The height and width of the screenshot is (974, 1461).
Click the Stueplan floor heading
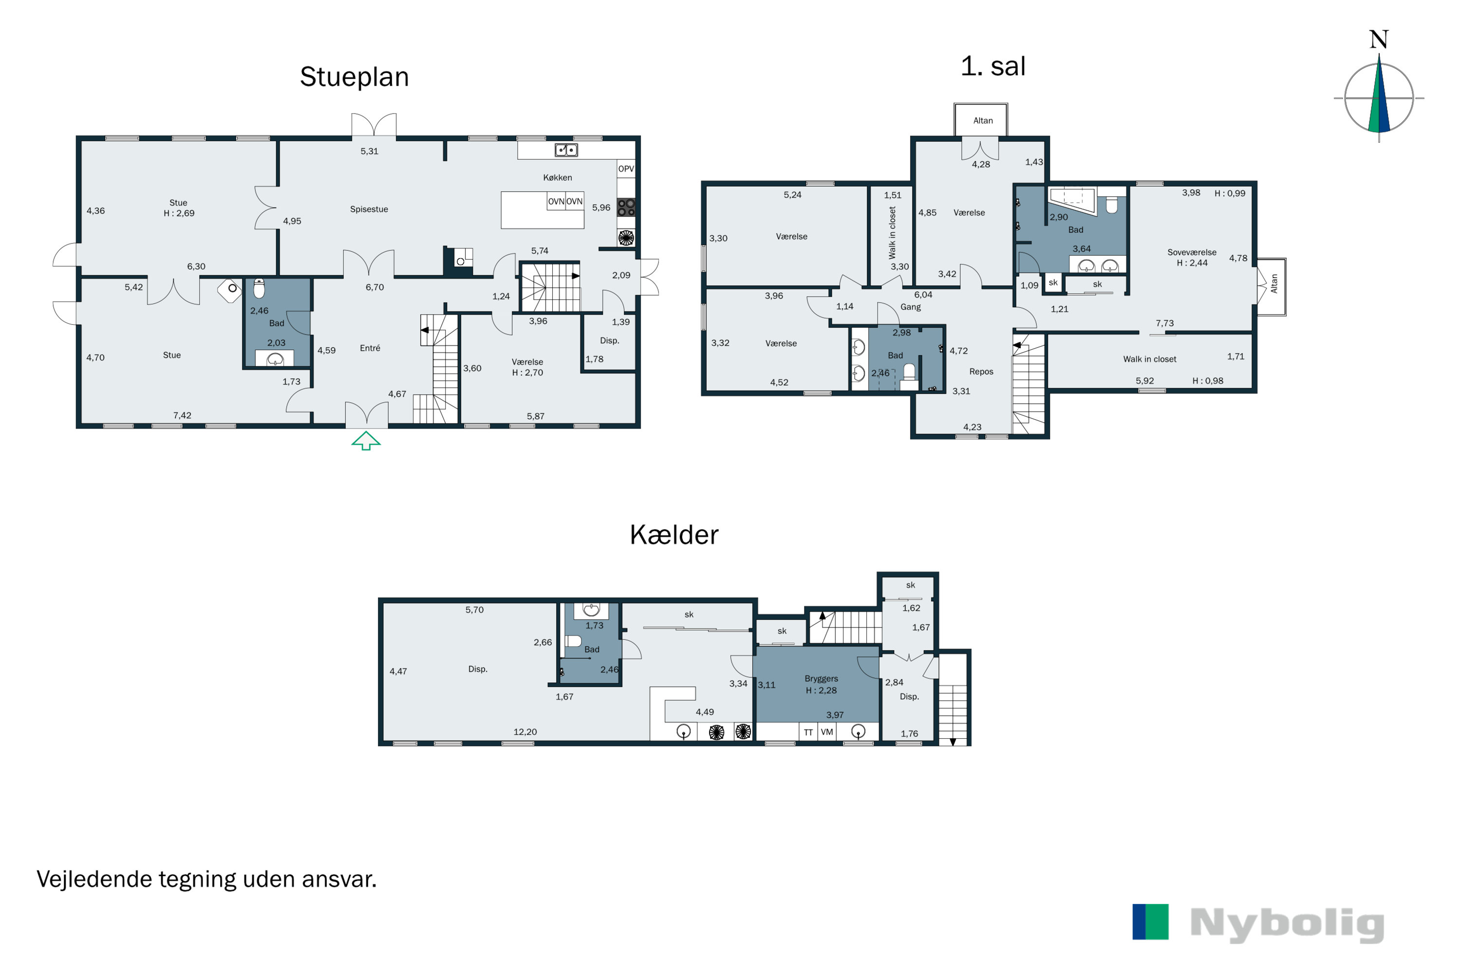point(354,77)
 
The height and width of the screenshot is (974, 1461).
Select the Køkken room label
point(557,178)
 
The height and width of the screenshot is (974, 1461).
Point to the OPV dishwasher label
point(626,169)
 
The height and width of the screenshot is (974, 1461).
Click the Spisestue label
point(369,209)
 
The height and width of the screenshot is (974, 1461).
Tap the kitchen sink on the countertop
point(566,150)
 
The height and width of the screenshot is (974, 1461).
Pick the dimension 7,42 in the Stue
point(182,415)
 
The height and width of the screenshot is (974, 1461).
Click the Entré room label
point(370,348)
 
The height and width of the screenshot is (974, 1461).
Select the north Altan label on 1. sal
point(983,120)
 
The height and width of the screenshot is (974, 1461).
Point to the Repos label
point(981,372)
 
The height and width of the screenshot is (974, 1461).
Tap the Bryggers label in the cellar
point(821,679)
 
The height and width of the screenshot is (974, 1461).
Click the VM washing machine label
point(827,732)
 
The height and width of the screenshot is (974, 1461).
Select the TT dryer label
point(808,732)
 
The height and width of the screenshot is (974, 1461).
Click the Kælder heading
point(674,535)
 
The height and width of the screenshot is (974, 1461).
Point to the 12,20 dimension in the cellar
point(525,732)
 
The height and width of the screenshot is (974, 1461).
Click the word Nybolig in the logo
point(1287,925)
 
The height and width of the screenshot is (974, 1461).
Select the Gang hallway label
point(911,307)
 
